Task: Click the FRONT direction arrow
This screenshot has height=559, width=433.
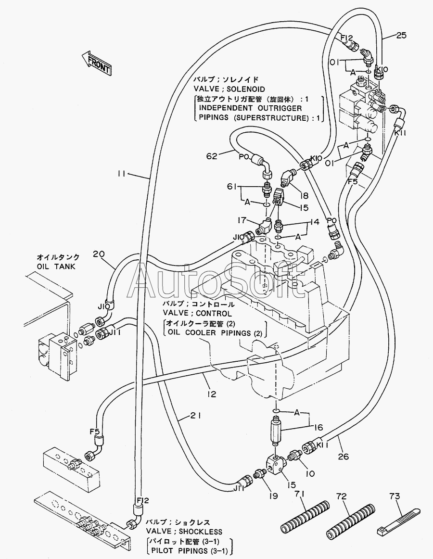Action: (x=96, y=63)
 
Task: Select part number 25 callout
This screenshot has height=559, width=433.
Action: (x=401, y=35)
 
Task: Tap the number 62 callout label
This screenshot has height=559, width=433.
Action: (x=212, y=156)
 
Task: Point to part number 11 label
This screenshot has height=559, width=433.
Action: (x=121, y=174)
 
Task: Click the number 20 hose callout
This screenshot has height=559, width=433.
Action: (x=99, y=254)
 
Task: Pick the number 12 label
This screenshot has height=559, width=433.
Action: (x=212, y=394)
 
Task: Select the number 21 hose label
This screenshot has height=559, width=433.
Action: (x=195, y=415)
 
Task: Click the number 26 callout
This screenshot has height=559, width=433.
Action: (x=343, y=456)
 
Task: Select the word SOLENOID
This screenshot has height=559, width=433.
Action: (x=246, y=89)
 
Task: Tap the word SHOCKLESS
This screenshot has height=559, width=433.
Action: (x=201, y=532)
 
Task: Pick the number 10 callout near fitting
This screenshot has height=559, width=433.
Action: (x=310, y=473)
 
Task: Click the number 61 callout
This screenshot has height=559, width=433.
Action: (x=232, y=186)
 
